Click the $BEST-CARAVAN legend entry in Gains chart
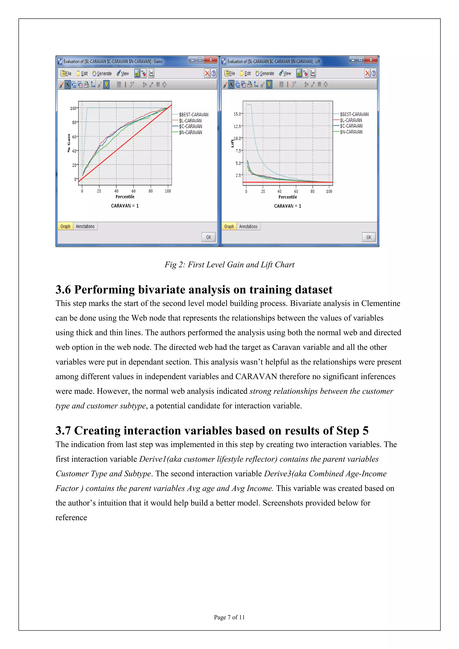pos(194,115)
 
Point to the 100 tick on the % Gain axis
pos(73,108)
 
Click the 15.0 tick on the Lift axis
pos(237,114)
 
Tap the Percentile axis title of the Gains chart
pos(125,197)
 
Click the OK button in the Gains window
pos(209,237)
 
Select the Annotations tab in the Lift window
pos(248,226)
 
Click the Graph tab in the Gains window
pos(65,226)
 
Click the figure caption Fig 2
pos(229,265)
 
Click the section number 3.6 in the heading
pos(63,290)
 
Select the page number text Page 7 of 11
pos(229,617)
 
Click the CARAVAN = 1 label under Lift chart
pos(288,206)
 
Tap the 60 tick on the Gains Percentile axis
pos(133,191)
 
